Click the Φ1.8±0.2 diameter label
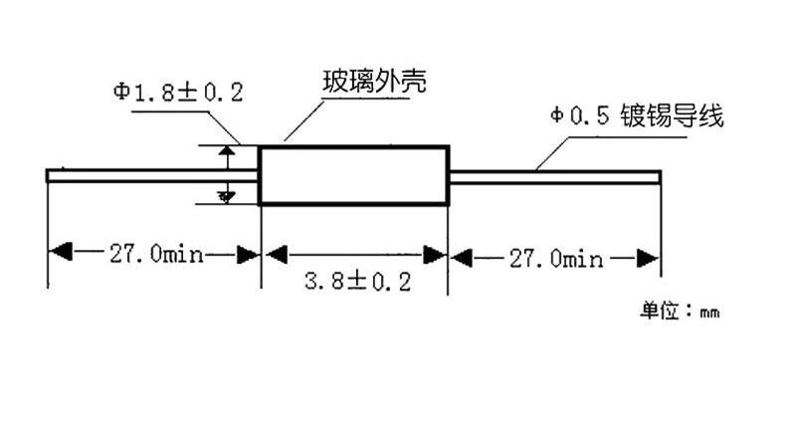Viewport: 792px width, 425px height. click(x=178, y=93)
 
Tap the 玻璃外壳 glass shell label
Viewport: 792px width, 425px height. click(x=374, y=82)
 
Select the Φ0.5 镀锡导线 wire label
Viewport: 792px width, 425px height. click(x=637, y=115)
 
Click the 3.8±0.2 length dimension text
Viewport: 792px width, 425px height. click(x=357, y=281)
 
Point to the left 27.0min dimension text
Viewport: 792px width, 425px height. click(x=156, y=253)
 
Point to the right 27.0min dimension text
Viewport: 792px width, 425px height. click(x=555, y=259)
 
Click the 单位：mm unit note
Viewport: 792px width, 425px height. click(x=680, y=311)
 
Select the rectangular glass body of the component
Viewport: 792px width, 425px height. click(x=353, y=175)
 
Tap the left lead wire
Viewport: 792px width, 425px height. click(x=152, y=176)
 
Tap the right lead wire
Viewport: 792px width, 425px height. click(x=555, y=177)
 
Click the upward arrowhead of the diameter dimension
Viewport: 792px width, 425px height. click(x=227, y=150)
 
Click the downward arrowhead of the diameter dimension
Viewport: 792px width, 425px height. click(x=226, y=197)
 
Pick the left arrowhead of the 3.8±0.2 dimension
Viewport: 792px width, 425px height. click(x=277, y=254)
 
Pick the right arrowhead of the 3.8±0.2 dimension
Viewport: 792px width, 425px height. click(x=435, y=255)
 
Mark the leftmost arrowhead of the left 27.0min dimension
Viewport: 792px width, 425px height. click(x=60, y=251)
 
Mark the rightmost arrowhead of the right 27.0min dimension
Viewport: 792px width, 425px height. click(x=648, y=258)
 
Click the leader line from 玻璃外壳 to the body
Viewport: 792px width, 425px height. click(x=303, y=120)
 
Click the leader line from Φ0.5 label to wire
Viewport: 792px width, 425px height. click(x=552, y=153)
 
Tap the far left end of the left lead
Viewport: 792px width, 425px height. click(x=47, y=176)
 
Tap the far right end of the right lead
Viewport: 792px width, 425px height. click(x=661, y=177)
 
